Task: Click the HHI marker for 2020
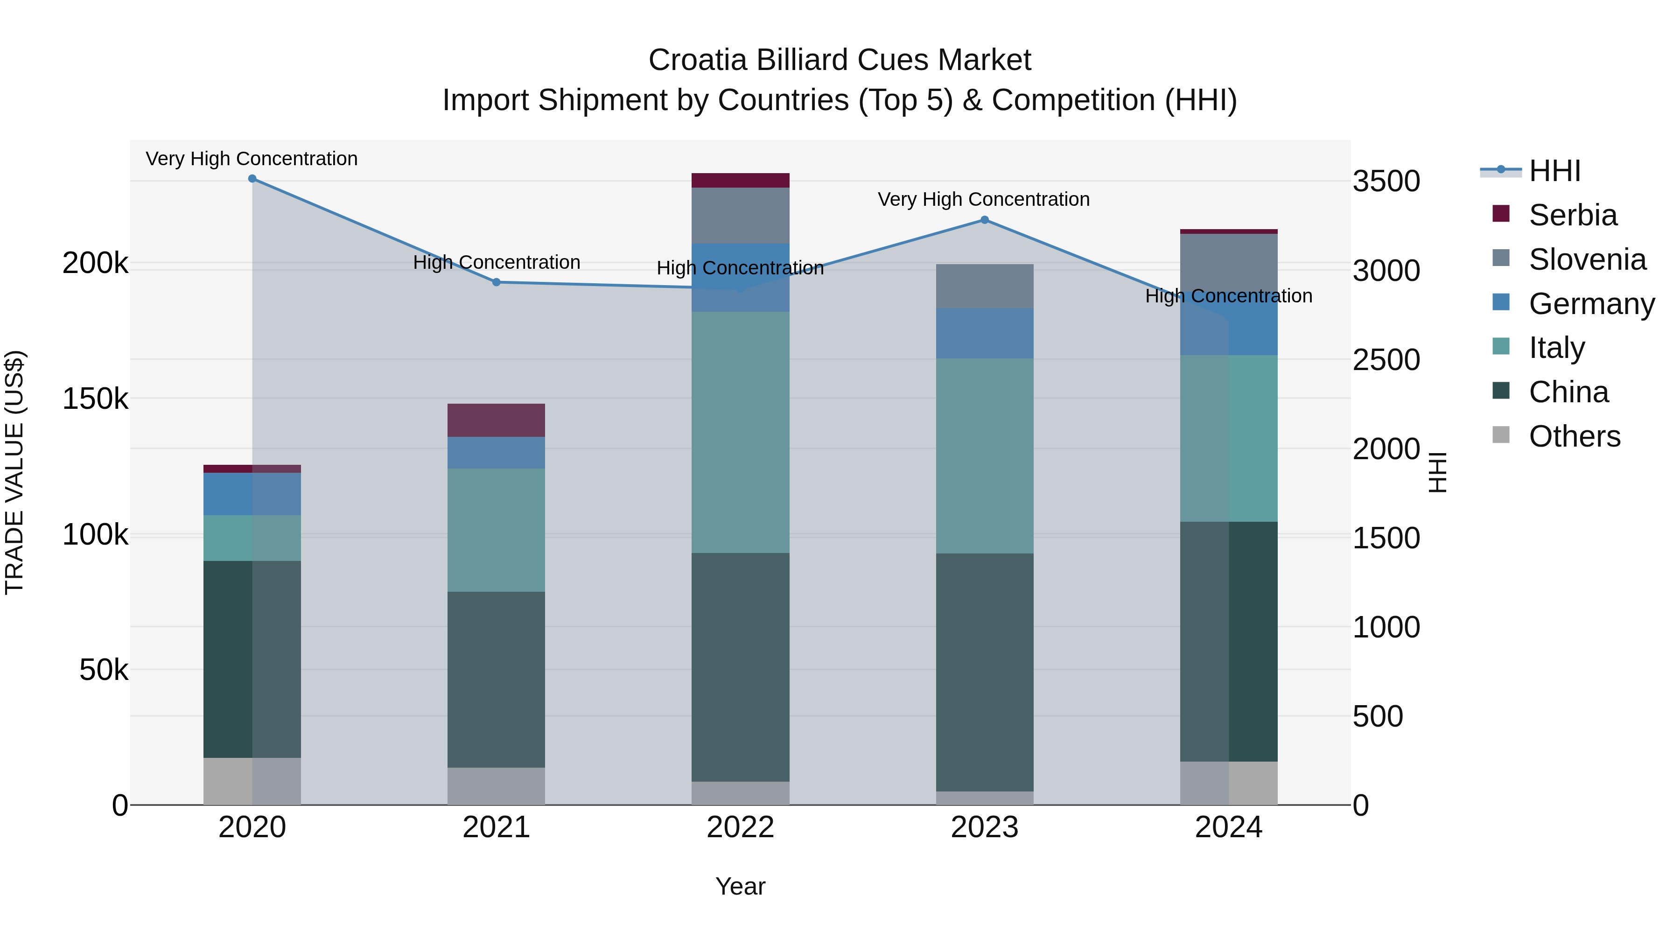pos(252,179)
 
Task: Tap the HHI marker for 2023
pos(985,220)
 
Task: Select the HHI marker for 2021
pos(497,282)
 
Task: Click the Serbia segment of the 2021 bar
pos(497,420)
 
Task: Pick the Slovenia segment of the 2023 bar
pos(985,287)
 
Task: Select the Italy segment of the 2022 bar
pos(740,433)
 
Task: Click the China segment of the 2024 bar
pos(1229,641)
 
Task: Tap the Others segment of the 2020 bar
pos(252,781)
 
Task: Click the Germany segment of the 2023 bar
pos(985,333)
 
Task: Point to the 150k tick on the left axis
pos(95,399)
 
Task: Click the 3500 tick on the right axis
pos(1386,182)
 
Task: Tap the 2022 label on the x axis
pos(740,827)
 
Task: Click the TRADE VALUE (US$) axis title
pos(14,472)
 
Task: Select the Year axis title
pos(740,886)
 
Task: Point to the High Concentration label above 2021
pos(497,262)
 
